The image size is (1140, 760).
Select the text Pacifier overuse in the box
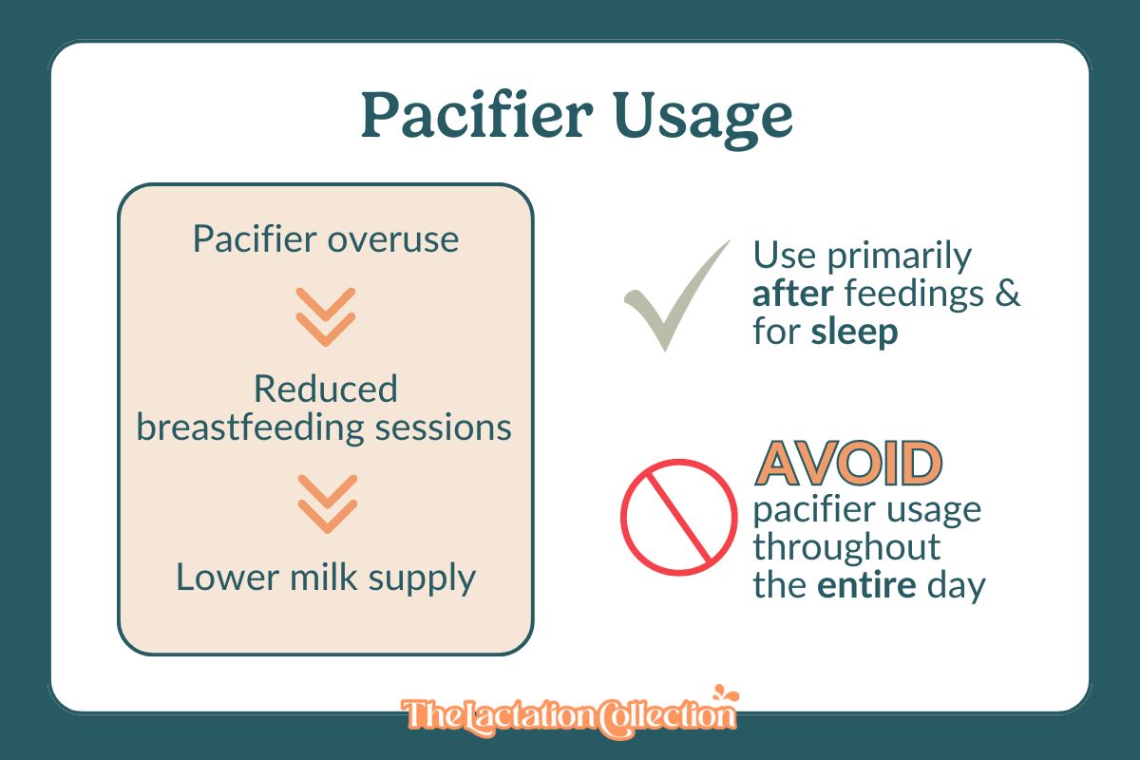coord(325,238)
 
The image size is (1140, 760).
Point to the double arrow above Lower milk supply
coord(326,503)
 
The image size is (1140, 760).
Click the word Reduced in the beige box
coord(325,389)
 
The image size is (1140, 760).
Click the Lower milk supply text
coord(325,577)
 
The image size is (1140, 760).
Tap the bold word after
coord(792,294)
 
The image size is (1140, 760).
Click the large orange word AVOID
coord(848,463)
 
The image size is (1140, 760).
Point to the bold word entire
coord(867,584)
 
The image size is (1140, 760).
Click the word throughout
coord(846,547)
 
